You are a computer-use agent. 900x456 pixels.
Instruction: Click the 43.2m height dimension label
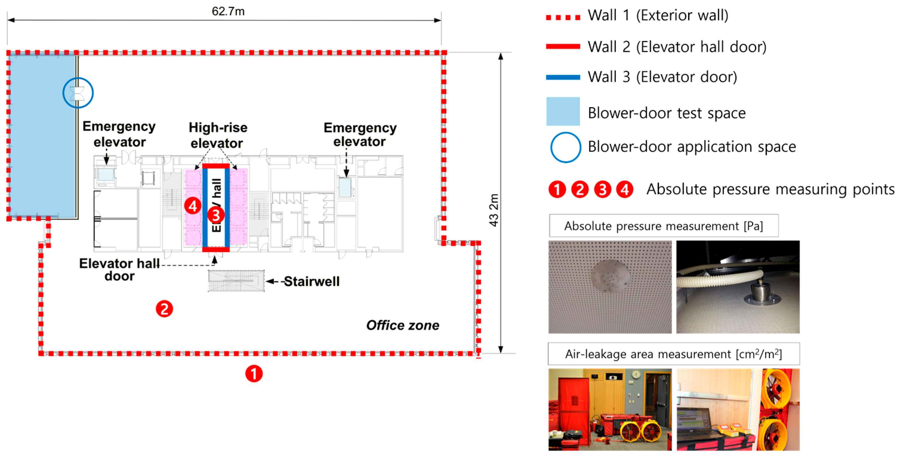click(x=493, y=210)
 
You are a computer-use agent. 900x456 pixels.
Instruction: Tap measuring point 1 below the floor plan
click(x=254, y=374)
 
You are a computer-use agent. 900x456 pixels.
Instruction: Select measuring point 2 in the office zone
click(x=164, y=309)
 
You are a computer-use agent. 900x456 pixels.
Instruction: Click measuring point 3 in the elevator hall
click(x=216, y=215)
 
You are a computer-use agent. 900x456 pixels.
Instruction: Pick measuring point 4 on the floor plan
click(x=192, y=206)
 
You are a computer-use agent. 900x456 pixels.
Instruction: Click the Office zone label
click(x=403, y=325)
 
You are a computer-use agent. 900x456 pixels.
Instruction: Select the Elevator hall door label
click(x=119, y=270)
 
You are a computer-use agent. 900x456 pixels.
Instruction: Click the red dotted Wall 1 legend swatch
click(x=563, y=17)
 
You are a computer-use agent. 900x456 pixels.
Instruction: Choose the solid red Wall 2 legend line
click(x=563, y=47)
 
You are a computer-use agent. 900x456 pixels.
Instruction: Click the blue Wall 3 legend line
click(x=563, y=77)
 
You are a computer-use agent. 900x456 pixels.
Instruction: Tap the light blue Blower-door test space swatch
click(x=563, y=111)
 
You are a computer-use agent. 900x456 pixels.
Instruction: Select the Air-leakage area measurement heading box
click(x=674, y=354)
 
